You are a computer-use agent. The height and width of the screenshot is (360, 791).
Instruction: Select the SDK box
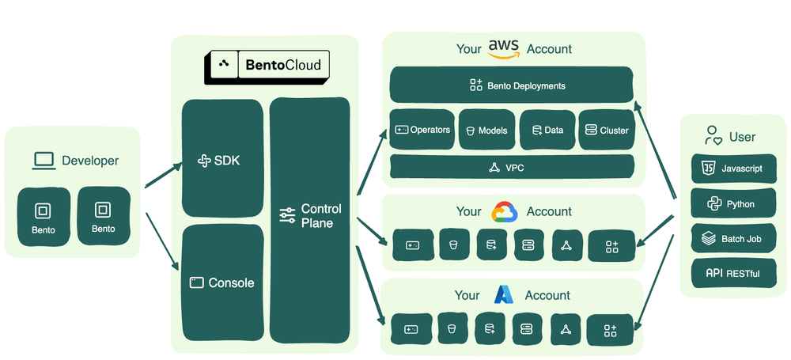coord(222,161)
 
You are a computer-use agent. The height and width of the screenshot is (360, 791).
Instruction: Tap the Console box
coord(222,282)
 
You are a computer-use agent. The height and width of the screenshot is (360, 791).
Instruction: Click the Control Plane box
coord(310,215)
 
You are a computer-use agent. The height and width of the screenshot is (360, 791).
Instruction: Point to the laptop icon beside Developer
coord(44,161)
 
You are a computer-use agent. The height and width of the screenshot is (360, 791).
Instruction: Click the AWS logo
coord(503,49)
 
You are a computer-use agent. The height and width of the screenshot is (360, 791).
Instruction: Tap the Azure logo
coord(504,295)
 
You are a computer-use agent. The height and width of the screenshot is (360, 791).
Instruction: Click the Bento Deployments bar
coord(512,85)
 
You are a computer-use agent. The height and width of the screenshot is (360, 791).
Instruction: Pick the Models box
coord(486,130)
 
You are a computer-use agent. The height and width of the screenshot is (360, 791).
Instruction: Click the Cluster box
coord(606,130)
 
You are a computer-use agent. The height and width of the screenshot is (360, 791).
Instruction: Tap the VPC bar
coord(512,167)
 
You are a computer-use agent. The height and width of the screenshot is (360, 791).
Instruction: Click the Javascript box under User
coord(733,169)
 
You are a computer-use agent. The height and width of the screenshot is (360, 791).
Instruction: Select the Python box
coord(733,203)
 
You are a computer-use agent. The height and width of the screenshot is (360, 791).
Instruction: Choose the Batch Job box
coord(733,238)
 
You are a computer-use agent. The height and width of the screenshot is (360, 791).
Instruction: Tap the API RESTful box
coord(733,274)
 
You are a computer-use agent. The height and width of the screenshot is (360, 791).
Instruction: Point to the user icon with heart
coord(713,136)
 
